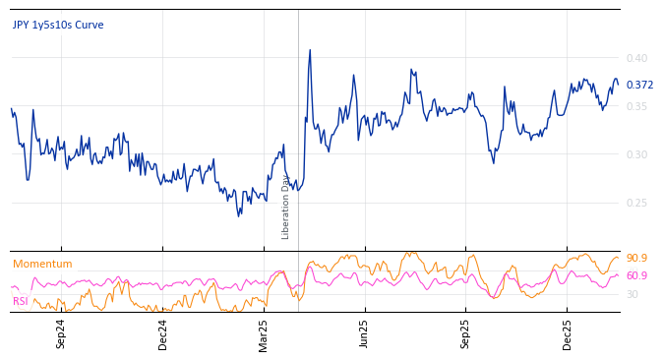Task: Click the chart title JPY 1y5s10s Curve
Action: pos(58,26)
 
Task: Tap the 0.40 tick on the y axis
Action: pos(638,58)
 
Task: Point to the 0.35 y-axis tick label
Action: pos(638,106)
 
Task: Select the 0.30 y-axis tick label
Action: pos(638,154)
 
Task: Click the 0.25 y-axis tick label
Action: pos(638,203)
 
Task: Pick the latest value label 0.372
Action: pos(639,86)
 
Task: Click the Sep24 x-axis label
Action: pos(61,333)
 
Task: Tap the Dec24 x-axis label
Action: pos(163,333)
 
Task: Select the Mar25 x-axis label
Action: pos(264,333)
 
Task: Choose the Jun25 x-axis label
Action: pos(365,333)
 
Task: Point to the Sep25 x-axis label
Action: pos(466,333)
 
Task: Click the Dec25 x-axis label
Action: pos(568,333)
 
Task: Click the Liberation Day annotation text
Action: pos(286,207)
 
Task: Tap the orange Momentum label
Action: pos(42,265)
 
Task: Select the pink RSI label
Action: pos(21,302)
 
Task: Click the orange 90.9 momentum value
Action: pos(636,259)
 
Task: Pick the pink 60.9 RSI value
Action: pos(636,276)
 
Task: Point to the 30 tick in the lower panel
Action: pos(633,294)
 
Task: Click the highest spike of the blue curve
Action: pos(310,50)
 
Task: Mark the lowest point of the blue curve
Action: pos(239,216)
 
